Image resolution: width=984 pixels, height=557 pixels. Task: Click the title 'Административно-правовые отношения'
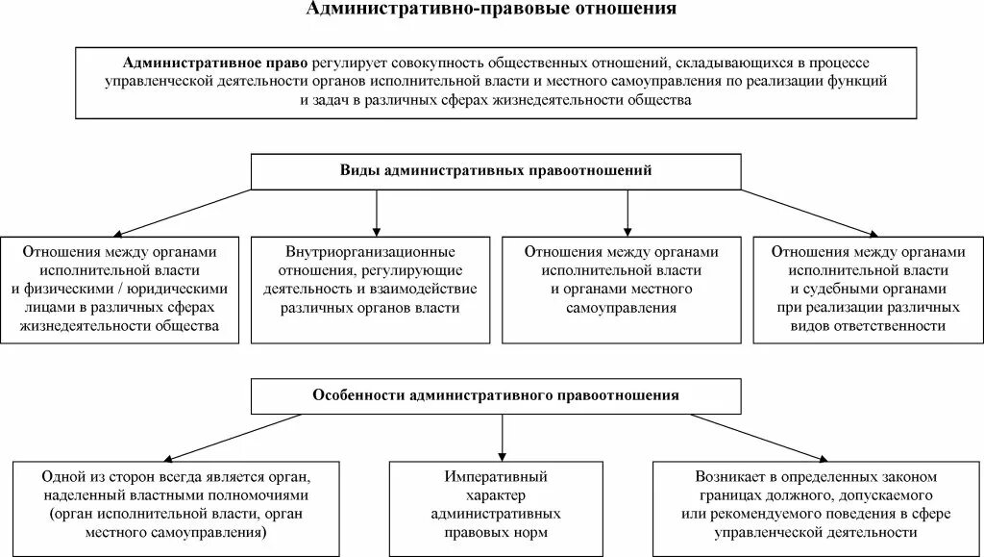491,10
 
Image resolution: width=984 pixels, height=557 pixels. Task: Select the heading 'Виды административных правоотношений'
496,170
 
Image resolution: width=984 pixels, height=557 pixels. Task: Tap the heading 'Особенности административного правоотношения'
496,394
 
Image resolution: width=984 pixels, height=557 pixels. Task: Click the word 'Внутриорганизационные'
375,250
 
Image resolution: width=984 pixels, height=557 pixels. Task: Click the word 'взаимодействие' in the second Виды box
429,289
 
